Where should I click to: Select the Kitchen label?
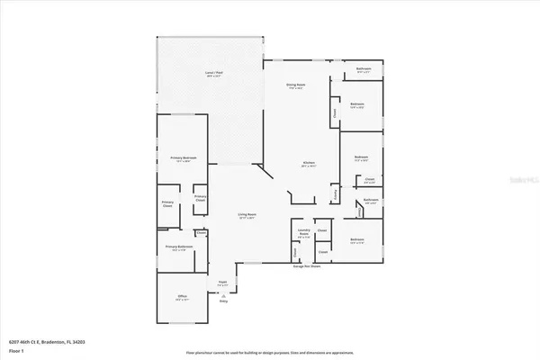[x=309, y=165]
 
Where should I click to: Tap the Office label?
[x=181, y=296]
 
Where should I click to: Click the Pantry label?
[x=335, y=193]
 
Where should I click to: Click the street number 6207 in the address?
[x=13, y=341]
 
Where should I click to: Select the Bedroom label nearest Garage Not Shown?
[x=356, y=239]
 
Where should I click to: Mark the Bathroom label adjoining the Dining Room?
[x=364, y=70]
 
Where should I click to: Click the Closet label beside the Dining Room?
[x=335, y=113]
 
